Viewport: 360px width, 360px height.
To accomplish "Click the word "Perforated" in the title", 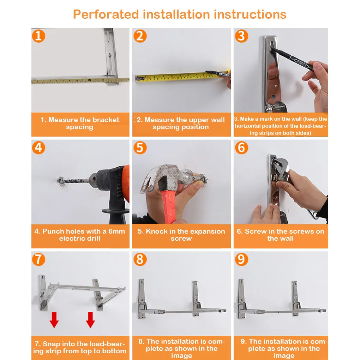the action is click(x=106, y=14).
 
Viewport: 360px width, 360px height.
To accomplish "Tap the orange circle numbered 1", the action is click(x=38, y=36).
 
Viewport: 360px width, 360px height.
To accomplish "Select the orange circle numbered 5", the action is click(x=140, y=148).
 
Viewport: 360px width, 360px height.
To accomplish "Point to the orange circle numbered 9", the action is click(x=241, y=259).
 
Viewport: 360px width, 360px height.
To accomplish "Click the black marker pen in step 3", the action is click(x=292, y=58).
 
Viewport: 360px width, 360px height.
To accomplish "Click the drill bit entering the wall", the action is click(x=73, y=181).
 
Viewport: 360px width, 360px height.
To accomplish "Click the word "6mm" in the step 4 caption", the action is click(x=116, y=231).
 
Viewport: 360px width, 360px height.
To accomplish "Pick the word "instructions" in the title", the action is click(x=250, y=14).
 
